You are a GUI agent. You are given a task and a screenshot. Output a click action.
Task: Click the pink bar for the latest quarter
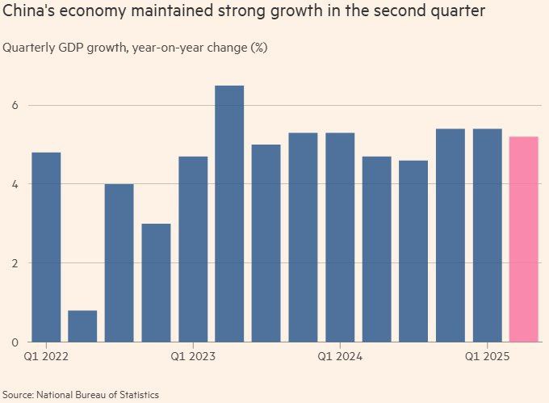tap(524, 239)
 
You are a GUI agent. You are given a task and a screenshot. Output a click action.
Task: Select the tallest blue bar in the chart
tap(229, 214)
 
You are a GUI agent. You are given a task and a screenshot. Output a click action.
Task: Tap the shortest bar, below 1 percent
tap(82, 325)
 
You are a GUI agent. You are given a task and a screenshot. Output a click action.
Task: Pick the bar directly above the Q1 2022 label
tap(46, 247)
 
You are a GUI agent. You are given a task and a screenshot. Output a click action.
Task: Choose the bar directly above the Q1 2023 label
tap(193, 249)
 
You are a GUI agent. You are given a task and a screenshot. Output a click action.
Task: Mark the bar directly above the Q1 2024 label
tap(340, 237)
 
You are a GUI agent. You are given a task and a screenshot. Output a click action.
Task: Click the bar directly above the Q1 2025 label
tap(487, 235)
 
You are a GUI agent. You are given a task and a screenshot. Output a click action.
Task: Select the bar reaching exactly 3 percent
tap(156, 283)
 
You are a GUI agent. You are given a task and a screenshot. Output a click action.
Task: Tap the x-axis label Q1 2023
tap(193, 355)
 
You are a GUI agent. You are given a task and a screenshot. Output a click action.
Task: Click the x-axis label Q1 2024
tap(340, 355)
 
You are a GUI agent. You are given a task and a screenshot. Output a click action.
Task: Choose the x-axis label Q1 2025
tap(487, 355)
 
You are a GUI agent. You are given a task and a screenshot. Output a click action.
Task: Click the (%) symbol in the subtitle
tap(259, 48)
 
